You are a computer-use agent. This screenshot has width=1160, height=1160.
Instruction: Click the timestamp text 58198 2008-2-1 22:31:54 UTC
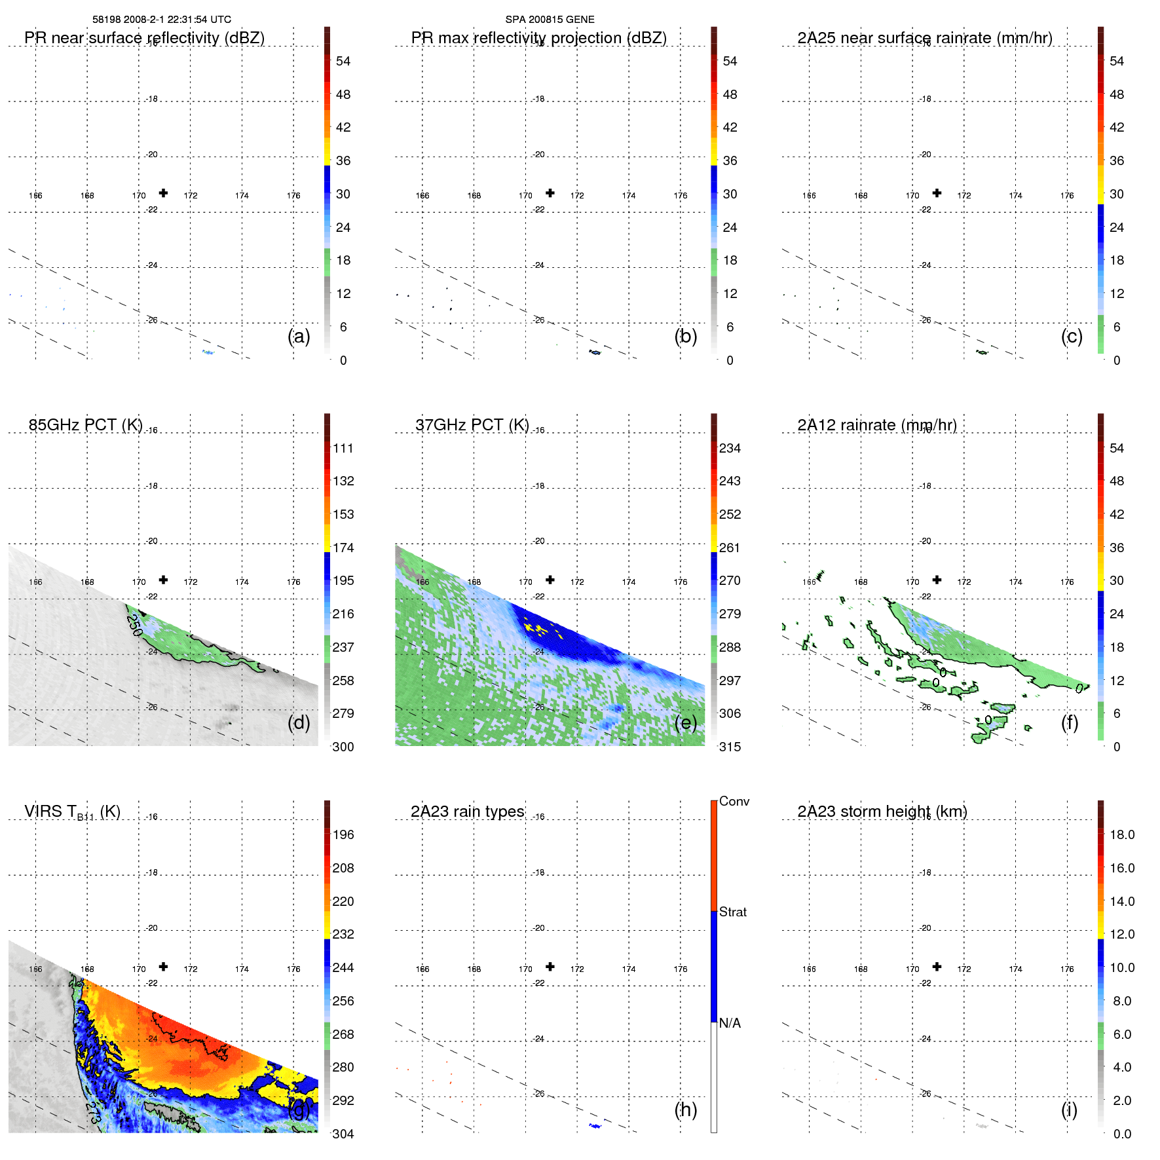[162, 20]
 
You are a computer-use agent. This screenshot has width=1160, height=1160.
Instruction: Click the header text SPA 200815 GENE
[550, 20]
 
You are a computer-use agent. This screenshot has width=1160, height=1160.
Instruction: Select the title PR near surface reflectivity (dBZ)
[144, 38]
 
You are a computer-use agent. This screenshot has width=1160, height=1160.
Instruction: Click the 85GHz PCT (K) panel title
[85, 425]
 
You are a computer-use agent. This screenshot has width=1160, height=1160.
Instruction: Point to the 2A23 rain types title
[467, 812]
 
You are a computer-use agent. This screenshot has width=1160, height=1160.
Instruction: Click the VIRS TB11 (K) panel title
[72, 812]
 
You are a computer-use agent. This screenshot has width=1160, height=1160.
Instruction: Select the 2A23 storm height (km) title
[882, 812]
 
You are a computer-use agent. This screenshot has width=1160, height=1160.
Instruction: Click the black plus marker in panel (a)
[163, 193]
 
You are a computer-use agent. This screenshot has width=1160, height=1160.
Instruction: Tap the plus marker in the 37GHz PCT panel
[550, 580]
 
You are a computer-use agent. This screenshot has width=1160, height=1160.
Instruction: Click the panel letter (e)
[685, 722]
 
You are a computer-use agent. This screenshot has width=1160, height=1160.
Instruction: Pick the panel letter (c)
[1072, 336]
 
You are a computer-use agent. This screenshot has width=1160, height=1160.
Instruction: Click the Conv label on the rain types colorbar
[734, 801]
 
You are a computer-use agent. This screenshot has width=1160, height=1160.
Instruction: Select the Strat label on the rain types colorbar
[732, 912]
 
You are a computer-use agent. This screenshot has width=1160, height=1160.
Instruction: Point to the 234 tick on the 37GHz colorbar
[730, 448]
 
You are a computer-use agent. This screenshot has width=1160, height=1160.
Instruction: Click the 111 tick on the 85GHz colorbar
[343, 448]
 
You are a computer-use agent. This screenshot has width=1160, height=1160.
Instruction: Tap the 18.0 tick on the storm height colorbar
[1121, 834]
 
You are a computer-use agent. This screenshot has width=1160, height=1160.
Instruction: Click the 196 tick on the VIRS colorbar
[343, 834]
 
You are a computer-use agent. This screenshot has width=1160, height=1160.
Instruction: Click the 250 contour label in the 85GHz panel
[134, 625]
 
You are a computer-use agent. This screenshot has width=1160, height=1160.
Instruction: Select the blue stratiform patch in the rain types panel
[595, 1126]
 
